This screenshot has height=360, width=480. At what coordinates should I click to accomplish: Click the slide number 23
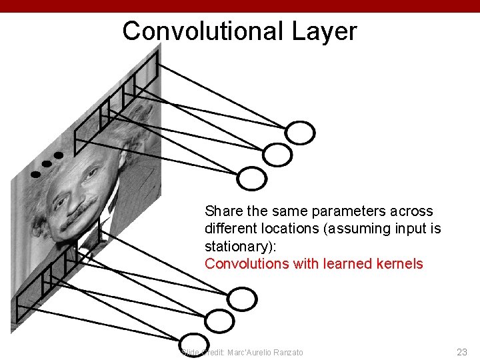(x=462, y=352)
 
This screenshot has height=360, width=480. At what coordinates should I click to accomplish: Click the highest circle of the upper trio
(x=301, y=133)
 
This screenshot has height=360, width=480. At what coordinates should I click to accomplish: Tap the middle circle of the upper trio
(x=277, y=155)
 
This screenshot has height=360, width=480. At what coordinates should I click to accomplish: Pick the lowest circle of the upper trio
(x=253, y=178)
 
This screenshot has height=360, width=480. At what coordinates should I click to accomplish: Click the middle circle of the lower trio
(x=219, y=321)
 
